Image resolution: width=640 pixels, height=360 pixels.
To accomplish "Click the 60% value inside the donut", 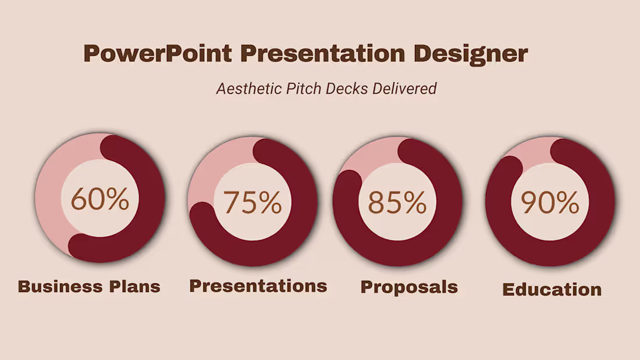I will (100, 199).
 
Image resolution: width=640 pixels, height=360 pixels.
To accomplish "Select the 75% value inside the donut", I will (253, 202).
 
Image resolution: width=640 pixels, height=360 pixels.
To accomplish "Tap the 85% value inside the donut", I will (397, 202).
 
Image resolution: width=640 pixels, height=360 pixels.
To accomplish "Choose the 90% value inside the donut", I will (550, 202).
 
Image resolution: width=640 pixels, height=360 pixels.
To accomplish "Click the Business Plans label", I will (89, 287).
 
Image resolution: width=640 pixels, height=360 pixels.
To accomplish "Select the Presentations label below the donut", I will (258, 286).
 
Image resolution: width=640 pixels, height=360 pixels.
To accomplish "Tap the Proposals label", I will (409, 287).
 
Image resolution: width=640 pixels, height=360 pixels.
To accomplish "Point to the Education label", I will (552, 290).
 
